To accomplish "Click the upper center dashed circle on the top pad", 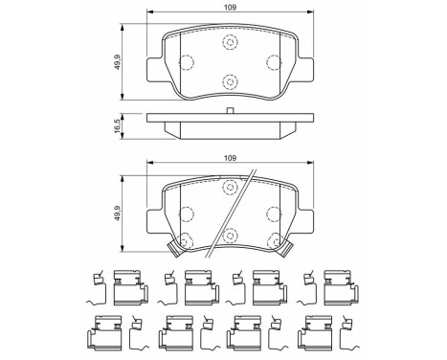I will click(x=230, y=42).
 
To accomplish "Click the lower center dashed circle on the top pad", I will click(x=230, y=82).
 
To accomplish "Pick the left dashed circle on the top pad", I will click(x=186, y=63).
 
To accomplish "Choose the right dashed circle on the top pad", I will click(x=274, y=63).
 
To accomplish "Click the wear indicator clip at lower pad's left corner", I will click(x=174, y=251).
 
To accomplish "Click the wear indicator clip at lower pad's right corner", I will click(x=284, y=251).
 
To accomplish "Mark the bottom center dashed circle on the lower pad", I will click(x=230, y=233).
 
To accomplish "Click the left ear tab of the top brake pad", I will click(x=153, y=71).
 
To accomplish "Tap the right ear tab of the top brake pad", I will click(x=306, y=71).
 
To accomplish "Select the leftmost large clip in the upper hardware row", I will click(x=127, y=284).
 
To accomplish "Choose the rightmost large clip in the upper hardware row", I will click(x=338, y=284).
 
